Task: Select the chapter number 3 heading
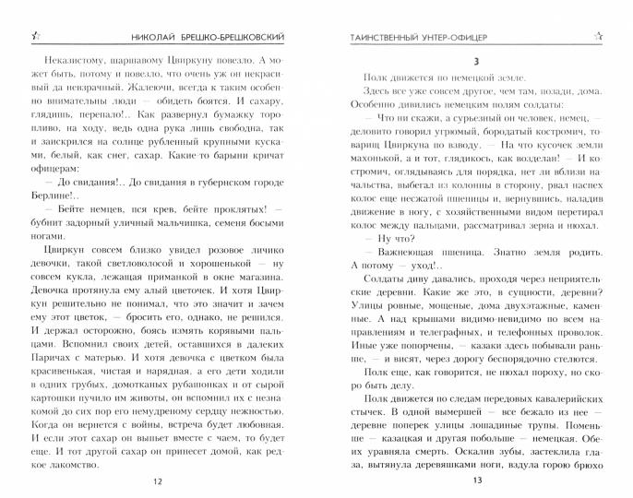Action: [476, 61]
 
